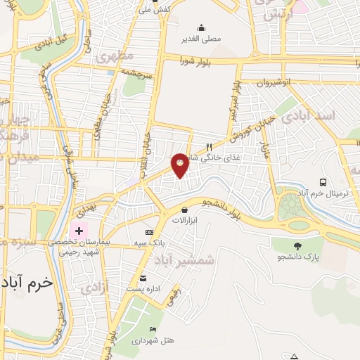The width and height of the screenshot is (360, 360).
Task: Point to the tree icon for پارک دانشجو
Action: coord(298,246)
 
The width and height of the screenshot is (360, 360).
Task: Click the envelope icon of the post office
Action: coord(143,279)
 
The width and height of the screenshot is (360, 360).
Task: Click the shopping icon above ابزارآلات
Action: coord(184,210)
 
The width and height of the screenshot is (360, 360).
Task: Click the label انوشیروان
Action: coord(273,82)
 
